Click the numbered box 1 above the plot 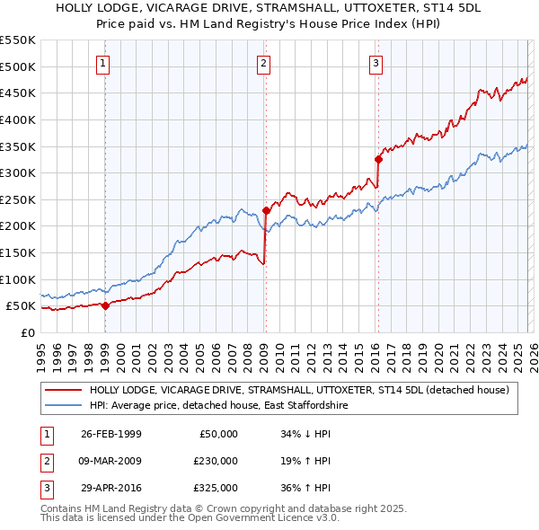[x=104, y=63]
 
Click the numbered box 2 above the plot [x=263, y=63]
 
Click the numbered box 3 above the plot [x=376, y=63]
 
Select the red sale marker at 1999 [x=105, y=305]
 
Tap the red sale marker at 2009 [x=266, y=210]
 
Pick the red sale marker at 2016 [x=378, y=160]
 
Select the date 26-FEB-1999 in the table [x=110, y=434]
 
